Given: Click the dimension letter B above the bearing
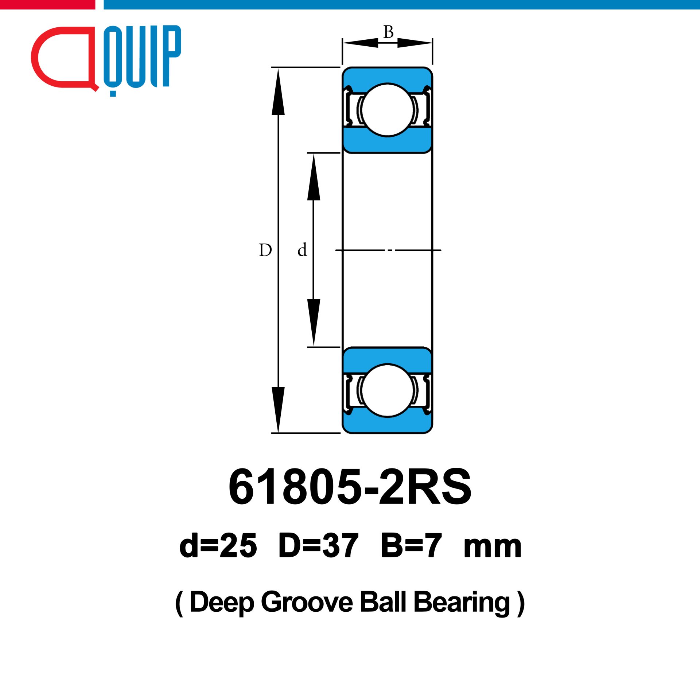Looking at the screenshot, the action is (x=388, y=32).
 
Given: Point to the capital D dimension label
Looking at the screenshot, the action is (x=265, y=250).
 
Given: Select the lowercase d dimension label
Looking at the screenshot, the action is (x=302, y=250).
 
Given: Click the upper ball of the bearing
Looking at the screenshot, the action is (x=387, y=110).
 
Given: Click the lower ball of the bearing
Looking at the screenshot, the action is (x=387, y=390).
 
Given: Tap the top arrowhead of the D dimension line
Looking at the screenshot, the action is (x=278, y=92).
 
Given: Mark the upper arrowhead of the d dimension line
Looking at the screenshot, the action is (x=314, y=177).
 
